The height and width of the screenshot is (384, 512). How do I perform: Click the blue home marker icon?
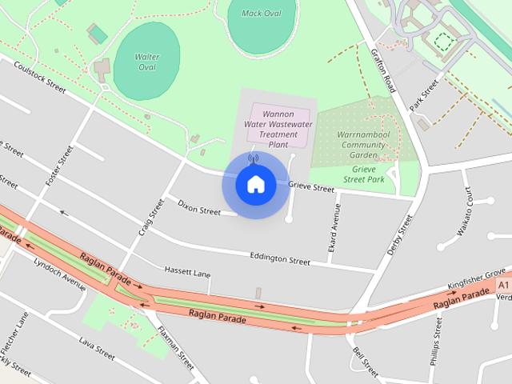coord(255,184)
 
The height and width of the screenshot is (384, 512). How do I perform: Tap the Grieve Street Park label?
coord(369,174)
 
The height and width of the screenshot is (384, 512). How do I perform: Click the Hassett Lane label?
coord(187,271)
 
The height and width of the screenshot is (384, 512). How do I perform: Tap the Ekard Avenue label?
coord(336,231)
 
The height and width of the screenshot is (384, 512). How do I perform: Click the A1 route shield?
coord(502,285)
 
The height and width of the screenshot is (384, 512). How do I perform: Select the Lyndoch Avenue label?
coord(59,274)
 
